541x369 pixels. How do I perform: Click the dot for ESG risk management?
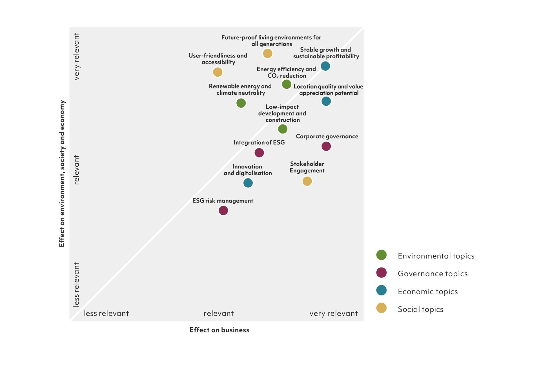pos(223,210)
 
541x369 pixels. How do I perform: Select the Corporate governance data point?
pos(326,146)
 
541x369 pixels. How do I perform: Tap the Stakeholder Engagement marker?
pos(307,181)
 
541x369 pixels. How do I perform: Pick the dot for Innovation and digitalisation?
pos(248,183)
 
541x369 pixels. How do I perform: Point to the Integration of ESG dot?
pos(259,153)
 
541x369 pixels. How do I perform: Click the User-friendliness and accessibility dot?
pos(218,72)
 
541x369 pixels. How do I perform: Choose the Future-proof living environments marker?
pos(268,53)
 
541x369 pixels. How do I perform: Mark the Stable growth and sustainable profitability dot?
pos(325,66)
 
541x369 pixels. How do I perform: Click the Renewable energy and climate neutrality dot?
pos(241,103)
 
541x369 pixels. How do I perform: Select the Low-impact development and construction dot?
pos(283,129)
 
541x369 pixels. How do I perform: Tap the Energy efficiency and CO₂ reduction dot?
pos(287,84)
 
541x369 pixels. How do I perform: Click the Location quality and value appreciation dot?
pos(326,101)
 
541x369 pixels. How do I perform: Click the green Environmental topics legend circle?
pos(381,255)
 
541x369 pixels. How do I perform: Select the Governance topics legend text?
pos(433,274)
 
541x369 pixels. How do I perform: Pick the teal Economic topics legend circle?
pos(381,290)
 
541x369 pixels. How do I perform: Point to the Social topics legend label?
pos(420,309)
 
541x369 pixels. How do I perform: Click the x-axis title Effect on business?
pos(219,330)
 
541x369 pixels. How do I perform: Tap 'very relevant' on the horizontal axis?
pos(334,313)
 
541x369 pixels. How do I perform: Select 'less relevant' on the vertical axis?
pos(76,284)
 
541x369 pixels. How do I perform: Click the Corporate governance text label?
pos(327,136)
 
